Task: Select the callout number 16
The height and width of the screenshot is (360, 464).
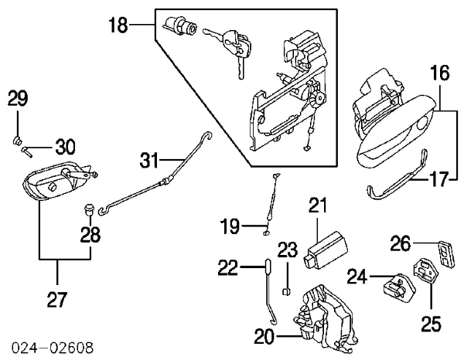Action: [439, 74]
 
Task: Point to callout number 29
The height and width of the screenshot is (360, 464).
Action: [18, 98]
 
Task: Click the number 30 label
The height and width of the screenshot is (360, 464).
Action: [66, 147]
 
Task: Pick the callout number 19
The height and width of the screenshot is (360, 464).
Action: [230, 226]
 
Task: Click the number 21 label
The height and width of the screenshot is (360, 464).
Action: [319, 205]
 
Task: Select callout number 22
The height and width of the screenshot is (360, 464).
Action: [228, 267]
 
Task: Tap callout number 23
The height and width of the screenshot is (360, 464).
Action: [287, 250]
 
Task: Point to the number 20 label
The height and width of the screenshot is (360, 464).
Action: [264, 337]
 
